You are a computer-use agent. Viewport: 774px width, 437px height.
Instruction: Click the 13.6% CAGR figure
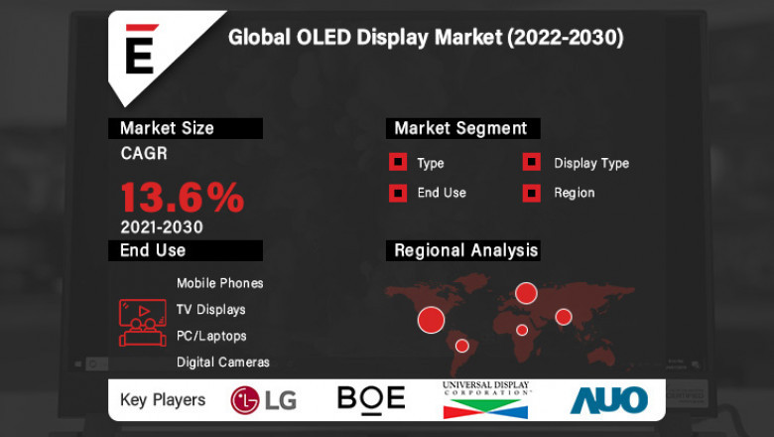pyautogui.click(x=182, y=197)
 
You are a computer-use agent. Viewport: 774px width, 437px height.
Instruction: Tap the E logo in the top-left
pyautogui.click(x=140, y=53)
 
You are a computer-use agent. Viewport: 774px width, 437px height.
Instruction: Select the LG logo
pyautogui.click(x=263, y=399)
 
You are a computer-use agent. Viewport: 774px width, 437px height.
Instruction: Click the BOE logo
pyautogui.click(x=371, y=398)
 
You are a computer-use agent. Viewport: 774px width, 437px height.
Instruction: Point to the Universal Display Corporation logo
pyautogui.click(x=486, y=399)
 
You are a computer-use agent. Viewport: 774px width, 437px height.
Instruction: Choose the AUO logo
pyautogui.click(x=608, y=399)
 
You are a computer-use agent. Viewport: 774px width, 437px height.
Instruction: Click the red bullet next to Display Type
pyautogui.click(x=532, y=163)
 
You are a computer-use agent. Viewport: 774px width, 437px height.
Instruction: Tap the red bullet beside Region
pyautogui.click(x=532, y=193)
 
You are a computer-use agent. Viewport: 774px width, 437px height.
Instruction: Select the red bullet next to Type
pyautogui.click(x=397, y=163)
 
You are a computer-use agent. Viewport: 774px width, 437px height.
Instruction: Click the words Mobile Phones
pyautogui.click(x=219, y=283)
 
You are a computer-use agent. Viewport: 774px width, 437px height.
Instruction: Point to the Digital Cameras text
pyautogui.click(x=222, y=363)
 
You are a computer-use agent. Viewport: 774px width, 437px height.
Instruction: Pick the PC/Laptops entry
pyautogui.click(x=210, y=336)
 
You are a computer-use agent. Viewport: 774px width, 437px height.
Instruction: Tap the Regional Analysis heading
pyautogui.click(x=465, y=250)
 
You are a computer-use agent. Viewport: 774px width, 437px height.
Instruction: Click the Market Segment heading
pyautogui.click(x=460, y=128)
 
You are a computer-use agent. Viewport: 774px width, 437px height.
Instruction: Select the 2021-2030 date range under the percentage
pyautogui.click(x=161, y=226)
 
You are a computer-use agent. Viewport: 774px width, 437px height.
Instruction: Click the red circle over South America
pyautogui.click(x=461, y=346)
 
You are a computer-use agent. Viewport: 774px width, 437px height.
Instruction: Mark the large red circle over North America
pyautogui.click(x=431, y=319)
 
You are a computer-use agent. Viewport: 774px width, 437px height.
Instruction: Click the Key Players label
pyautogui.click(x=163, y=400)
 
